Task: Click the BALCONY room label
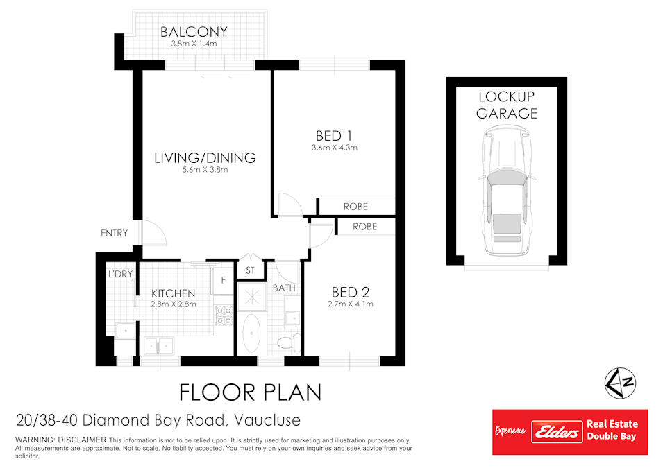pos(194,32)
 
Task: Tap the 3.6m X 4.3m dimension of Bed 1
pos(335,148)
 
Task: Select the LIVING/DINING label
pos(205,158)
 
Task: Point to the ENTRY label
pos(114,233)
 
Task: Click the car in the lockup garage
pos(507,191)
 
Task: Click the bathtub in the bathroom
pos(251,333)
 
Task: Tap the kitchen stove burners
pos(224,316)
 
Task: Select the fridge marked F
pos(223,280)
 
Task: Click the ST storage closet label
pos(251,270)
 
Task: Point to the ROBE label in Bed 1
pos(355,207)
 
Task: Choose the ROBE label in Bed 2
pos(365,227)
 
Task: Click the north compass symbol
pos(620,383)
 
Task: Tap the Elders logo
pos(557,432)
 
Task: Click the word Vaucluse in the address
pos(267,420)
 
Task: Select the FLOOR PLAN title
pos(251,392)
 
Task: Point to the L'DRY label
pos(121,274)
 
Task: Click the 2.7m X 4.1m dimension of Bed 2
pos(351,304)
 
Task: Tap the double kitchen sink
pos(159,346)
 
